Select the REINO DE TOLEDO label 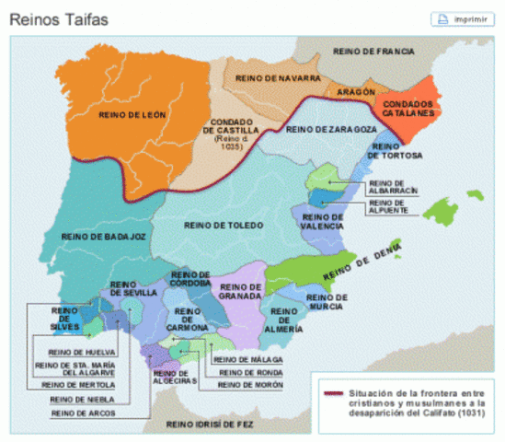[224, 225]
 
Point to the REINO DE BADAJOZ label [104, 237]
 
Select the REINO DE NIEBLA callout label [75, 400]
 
